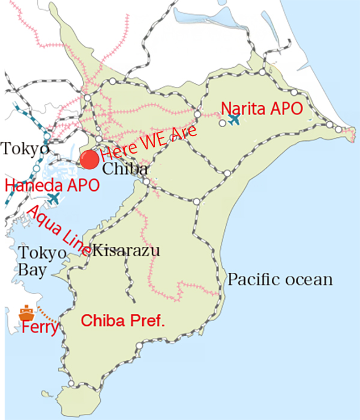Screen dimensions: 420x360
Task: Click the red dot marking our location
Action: click(89, 159)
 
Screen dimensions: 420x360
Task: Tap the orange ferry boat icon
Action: click(26, 313)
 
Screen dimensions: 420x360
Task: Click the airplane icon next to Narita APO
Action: click(234, 120)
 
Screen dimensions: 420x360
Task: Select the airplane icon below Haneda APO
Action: click(54, 197)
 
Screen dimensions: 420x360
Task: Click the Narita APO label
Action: click(261, 109)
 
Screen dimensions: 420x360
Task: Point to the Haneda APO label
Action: click(52, 185)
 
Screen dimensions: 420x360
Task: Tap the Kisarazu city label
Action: click(127, 250)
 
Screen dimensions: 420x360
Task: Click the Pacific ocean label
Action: click(280, 280)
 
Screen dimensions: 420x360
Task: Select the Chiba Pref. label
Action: click(122, 321)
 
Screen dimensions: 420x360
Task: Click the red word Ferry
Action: click(40, 328)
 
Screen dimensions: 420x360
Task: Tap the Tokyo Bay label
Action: click(41, 261)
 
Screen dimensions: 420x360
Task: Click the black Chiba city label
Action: click(125, 169)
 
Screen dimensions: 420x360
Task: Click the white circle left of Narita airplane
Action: click(222, 123)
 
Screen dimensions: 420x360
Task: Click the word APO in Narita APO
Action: click(286, 109)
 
